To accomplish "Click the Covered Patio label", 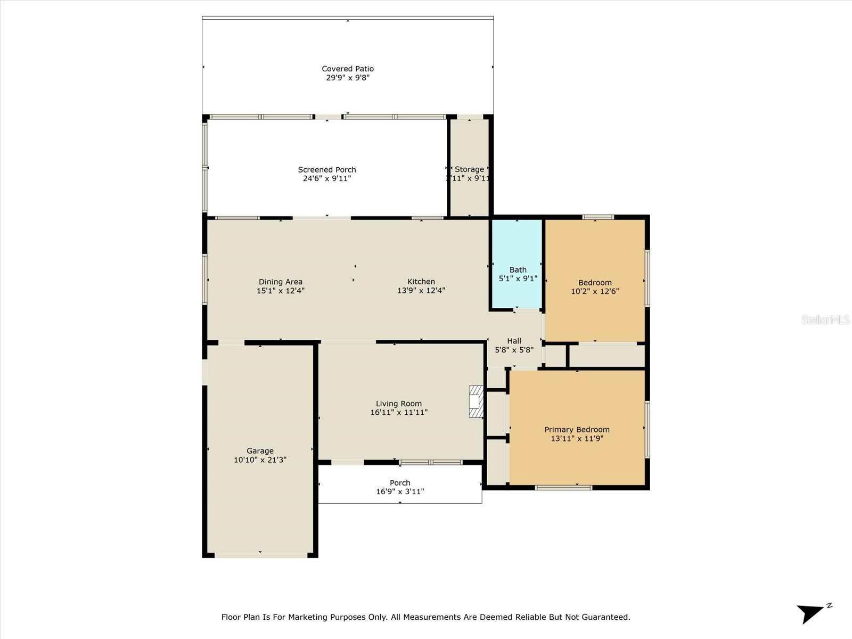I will click(x=348, y=69).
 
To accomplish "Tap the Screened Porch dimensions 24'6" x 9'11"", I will click(x=327, y=179).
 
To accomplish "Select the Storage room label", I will click(x=469, y=169).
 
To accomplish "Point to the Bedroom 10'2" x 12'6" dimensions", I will click(x=595, y=292).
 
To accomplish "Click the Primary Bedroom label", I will click(x=577, y=430).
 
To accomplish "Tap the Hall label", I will click(x=514, y=341).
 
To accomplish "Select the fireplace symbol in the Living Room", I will click(x=476, y=402).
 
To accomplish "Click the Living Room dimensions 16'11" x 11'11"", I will click(x=399, y=413).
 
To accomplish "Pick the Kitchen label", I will click(x=421, y=282).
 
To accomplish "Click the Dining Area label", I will click(x=281, y=282).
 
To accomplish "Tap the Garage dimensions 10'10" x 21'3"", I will click(x=260, y=460).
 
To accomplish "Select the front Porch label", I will click(x=400, y=483).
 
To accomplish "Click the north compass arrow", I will click(x=812, y=613).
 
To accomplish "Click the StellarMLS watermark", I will click(x=825, y=319).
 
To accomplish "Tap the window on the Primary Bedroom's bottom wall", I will click(x=563, y=487).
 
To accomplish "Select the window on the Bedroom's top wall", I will click(x=597, y=217).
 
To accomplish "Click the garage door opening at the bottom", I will click(x=261, y=555).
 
